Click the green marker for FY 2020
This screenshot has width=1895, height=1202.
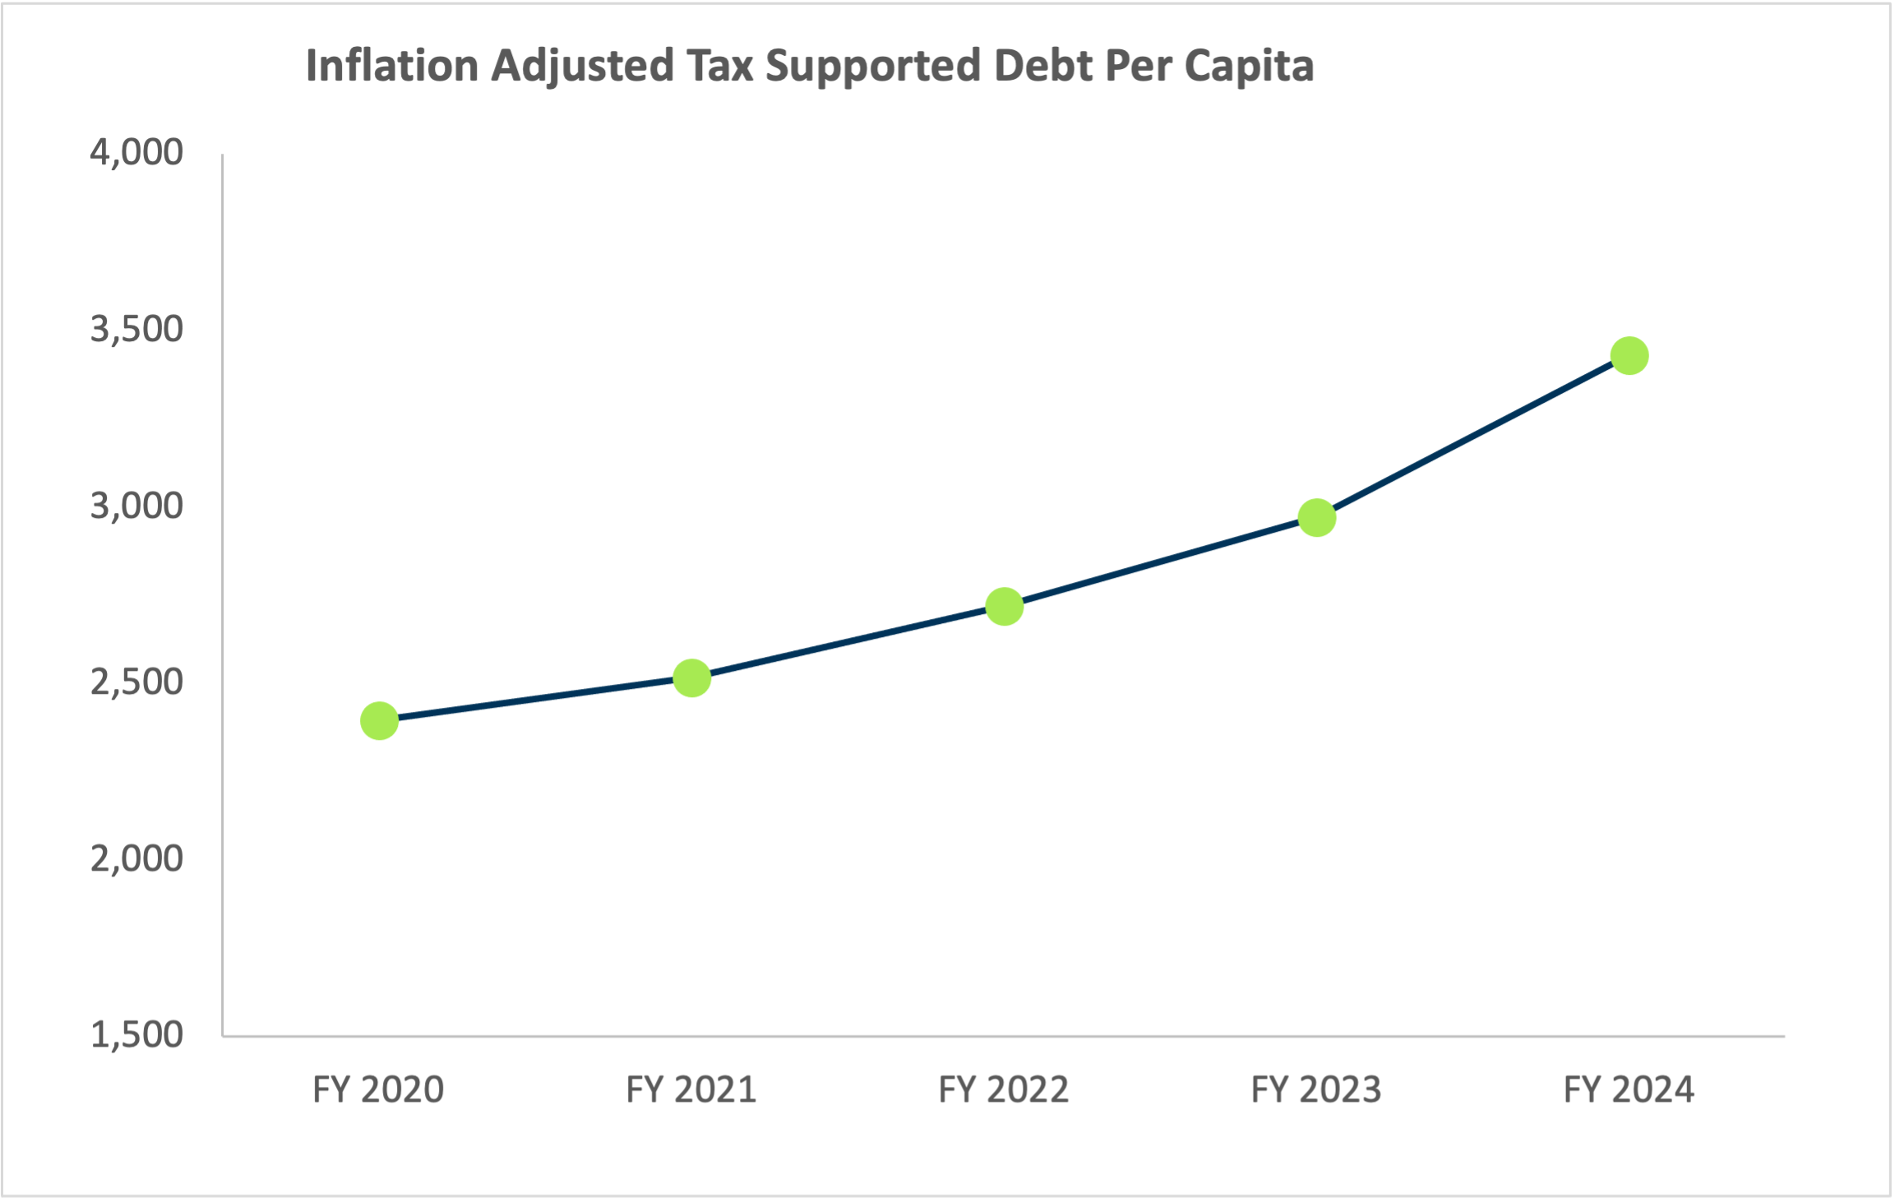click(x=379, y=721)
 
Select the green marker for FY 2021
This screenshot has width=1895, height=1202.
click(x=691, y=678)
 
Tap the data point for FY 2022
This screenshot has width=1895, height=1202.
click(x=1004, y=607)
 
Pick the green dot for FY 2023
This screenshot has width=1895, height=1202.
click(x=1316, y=518)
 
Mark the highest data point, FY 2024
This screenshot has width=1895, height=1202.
click(x=1629, y=356)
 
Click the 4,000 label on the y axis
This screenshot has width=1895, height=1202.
click(x=136, y=153)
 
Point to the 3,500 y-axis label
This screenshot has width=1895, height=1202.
click(x=136, y=329)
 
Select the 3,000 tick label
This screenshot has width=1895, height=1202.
click(x=136, y=506)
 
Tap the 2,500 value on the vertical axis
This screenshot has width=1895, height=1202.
click(x=136, y=682)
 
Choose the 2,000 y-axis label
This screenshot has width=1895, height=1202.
click(x=136, y=858)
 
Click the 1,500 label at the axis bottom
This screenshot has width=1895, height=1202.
click(x=136, y=1034)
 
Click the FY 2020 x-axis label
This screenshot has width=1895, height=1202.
click(x=378, y=1090)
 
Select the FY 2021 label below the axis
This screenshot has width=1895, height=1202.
click(x=691, y=1090)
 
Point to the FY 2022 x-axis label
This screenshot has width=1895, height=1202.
click(x=1003, y=1090)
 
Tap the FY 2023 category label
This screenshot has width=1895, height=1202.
click(x=1315, y=1090)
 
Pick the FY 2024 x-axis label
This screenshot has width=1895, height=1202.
click(x=1628, y=1090)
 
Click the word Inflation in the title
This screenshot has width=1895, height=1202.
click(x=392, y=66)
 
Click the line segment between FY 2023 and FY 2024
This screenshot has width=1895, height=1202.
click(x=1472, y=437)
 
